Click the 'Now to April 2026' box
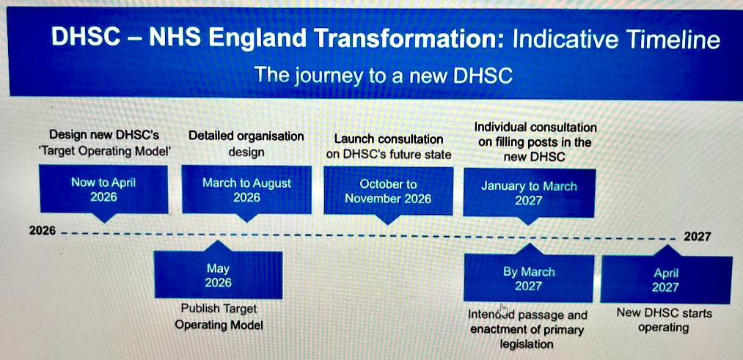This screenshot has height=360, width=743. click(103, 189)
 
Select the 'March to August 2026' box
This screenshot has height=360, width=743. click(247, 189)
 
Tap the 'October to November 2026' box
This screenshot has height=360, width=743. click(388, 191)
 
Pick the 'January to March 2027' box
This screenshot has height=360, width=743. click(529, 194)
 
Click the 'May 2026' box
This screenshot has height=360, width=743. click(219, 275)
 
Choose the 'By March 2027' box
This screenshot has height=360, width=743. click(528, 278)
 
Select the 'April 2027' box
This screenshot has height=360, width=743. click(666, 279)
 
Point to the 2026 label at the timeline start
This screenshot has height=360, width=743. click(42, 231)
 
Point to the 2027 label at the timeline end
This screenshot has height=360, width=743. click(697, 236)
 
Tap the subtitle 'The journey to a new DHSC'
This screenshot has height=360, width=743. click(384, 75)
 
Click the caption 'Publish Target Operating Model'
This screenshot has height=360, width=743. click(219, 317)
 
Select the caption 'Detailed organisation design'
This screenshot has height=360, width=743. click(246, 144)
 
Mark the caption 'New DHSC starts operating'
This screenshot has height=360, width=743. click(664, 320)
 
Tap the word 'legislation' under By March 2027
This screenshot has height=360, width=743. click(527, 344)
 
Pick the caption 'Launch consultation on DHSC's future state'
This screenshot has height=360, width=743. click(389, 147)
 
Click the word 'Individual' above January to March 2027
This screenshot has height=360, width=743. click(500, 128)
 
